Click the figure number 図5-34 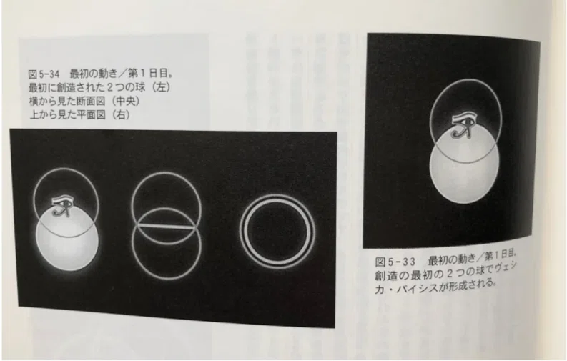click(44, 74)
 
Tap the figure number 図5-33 click(395, 262)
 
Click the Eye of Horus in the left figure click(61, 207)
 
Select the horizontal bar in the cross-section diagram click(167, 227)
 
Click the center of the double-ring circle click(277, 232)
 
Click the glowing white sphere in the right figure click(464, 167)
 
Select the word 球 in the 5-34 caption click(140, 87)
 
